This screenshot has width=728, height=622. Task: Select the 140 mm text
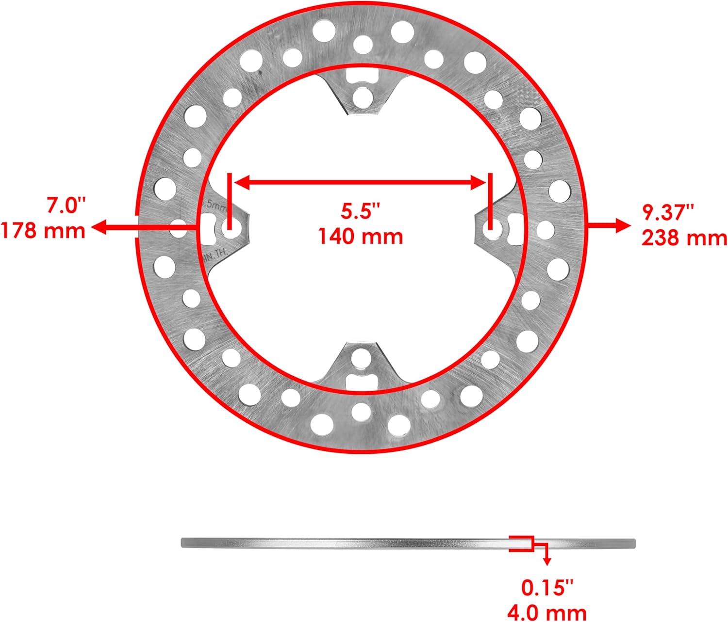tap(361, 236)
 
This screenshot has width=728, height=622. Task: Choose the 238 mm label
tap(684, 238)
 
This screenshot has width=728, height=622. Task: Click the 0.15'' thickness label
tap(547, 588)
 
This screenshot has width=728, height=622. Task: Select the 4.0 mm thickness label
tap(547, 612)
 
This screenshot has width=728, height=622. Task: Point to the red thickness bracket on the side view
tap(522, 543)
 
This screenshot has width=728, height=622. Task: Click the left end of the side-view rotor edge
tap(183, 543)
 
